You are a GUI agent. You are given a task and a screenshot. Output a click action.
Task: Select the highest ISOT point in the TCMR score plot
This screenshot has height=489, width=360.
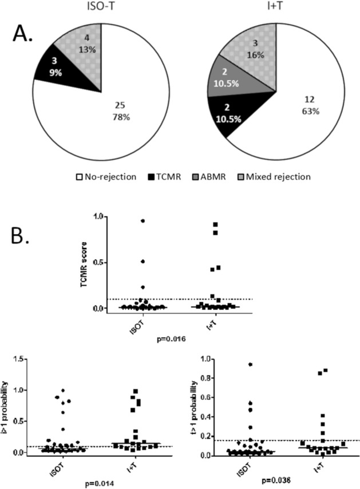(x=142, y=220)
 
